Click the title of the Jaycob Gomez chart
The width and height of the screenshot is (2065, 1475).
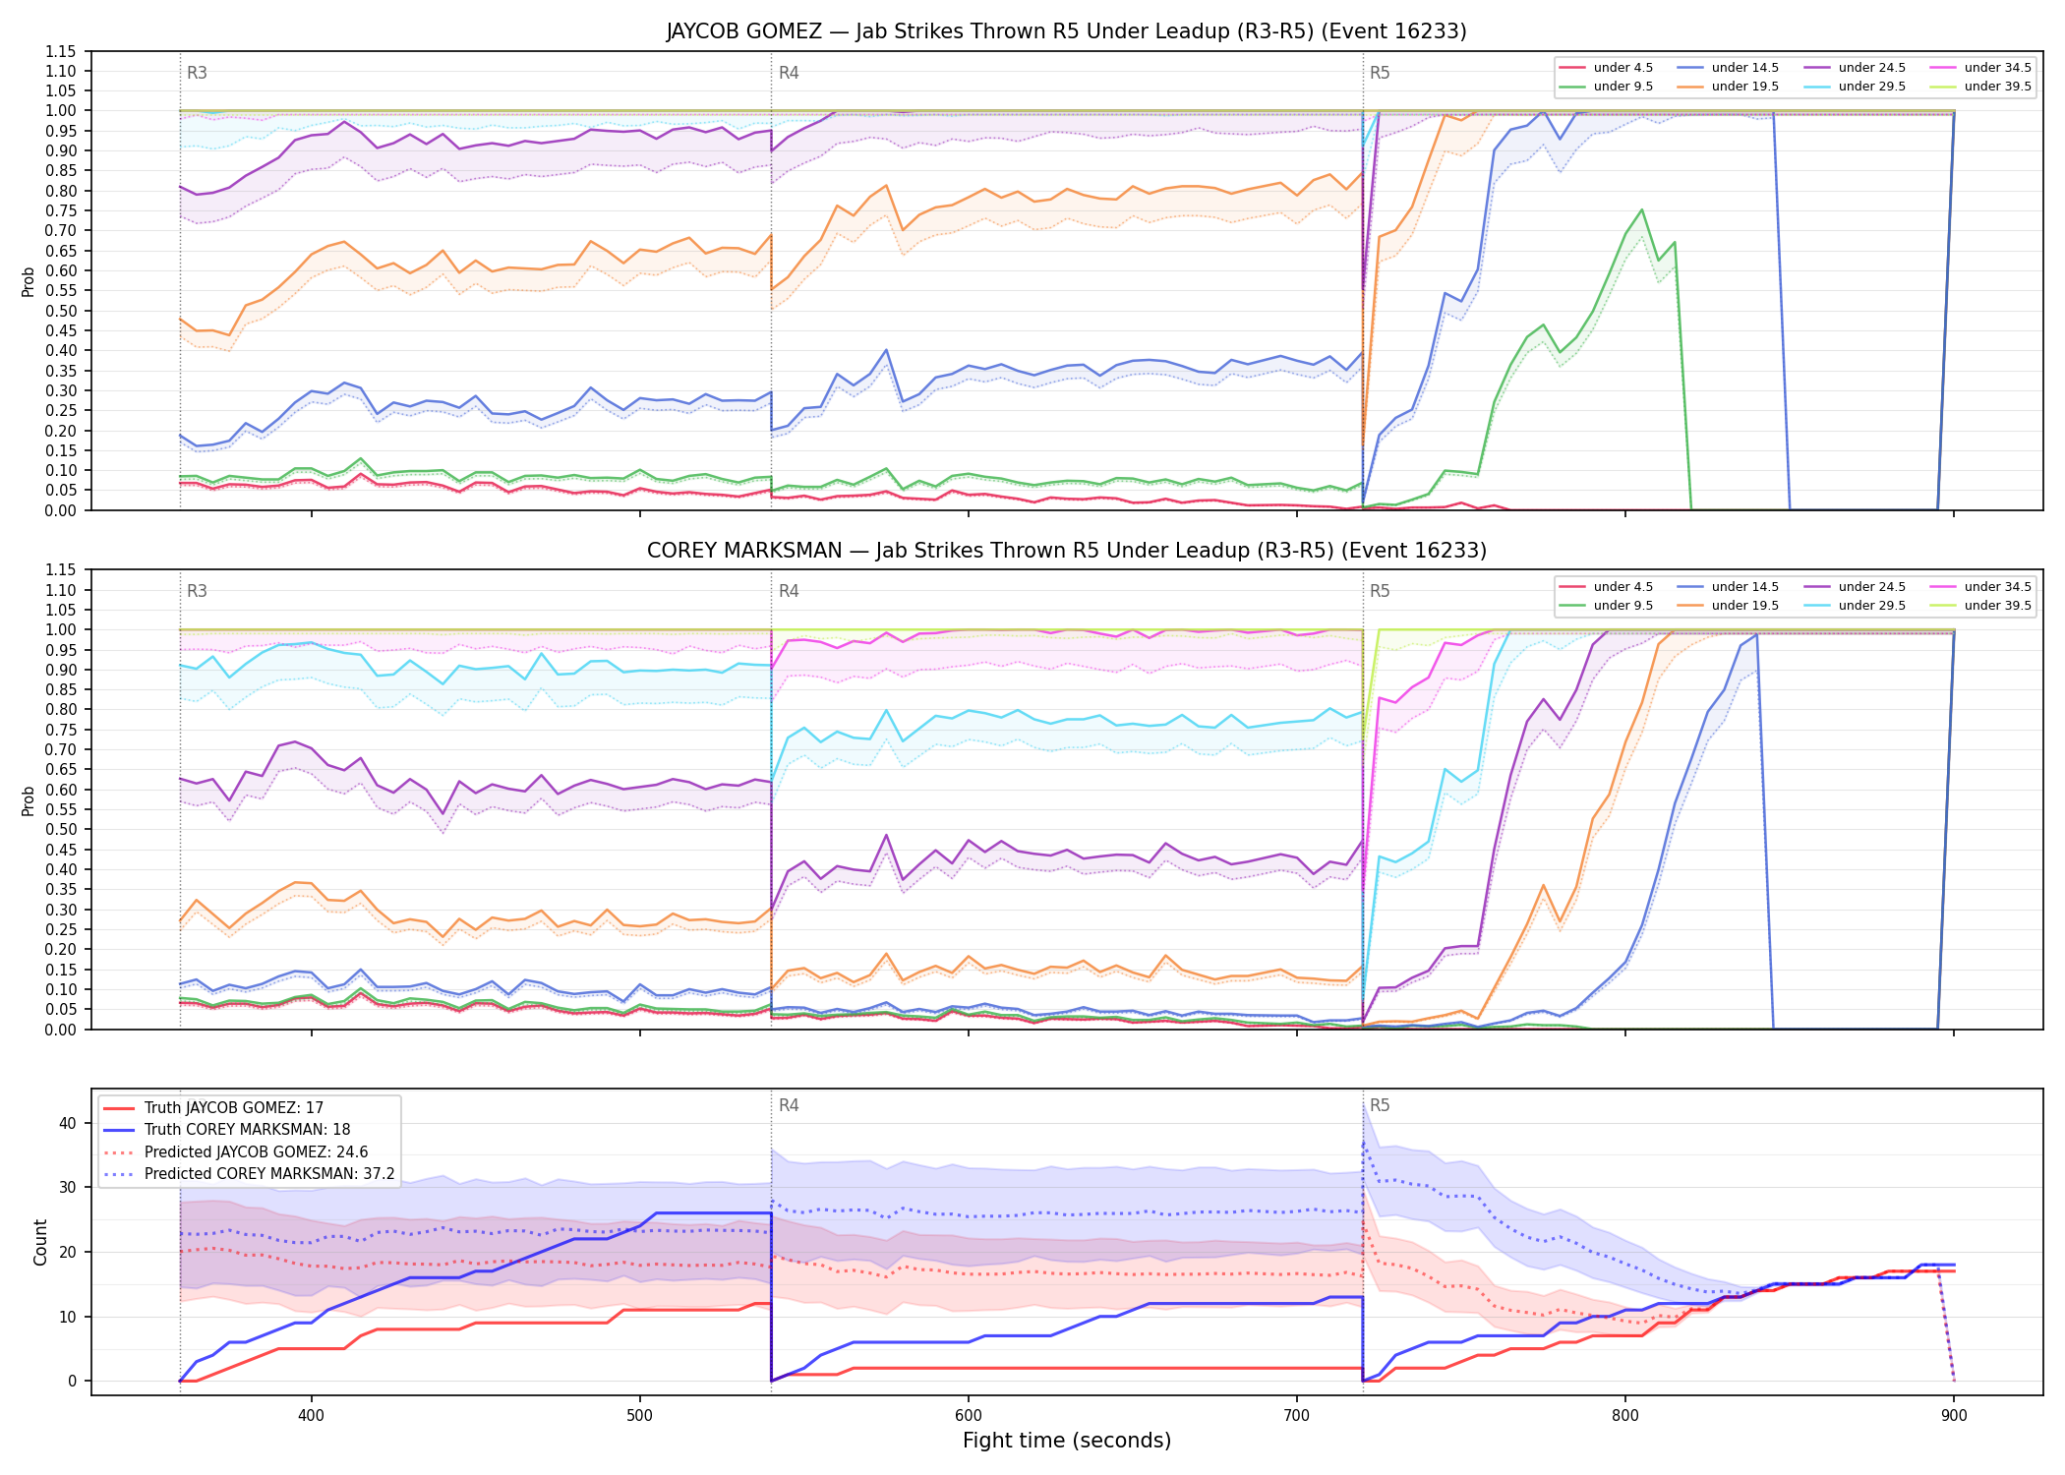click(x=1066, y=31)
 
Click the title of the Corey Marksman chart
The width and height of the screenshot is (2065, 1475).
click(x=1066, y=551)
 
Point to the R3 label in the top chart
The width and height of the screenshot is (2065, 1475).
click(x=197, y=73)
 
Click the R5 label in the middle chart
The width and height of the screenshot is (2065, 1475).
click(x=1380, y=592)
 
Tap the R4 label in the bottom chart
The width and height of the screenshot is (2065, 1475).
click(x=789, y=1106)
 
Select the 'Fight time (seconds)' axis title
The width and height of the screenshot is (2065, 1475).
click(x=1067, y=1442)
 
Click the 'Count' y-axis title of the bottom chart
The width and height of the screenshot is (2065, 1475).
click(x=40, y=1243)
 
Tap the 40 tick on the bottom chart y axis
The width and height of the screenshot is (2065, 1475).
click(x=68, y=1124)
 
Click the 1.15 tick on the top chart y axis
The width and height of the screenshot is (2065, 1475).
click(x=62, y=51)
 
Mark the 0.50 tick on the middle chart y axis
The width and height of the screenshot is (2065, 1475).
click(x=62, y=830)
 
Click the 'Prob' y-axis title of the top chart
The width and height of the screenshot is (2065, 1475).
click(x=29, y=282)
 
